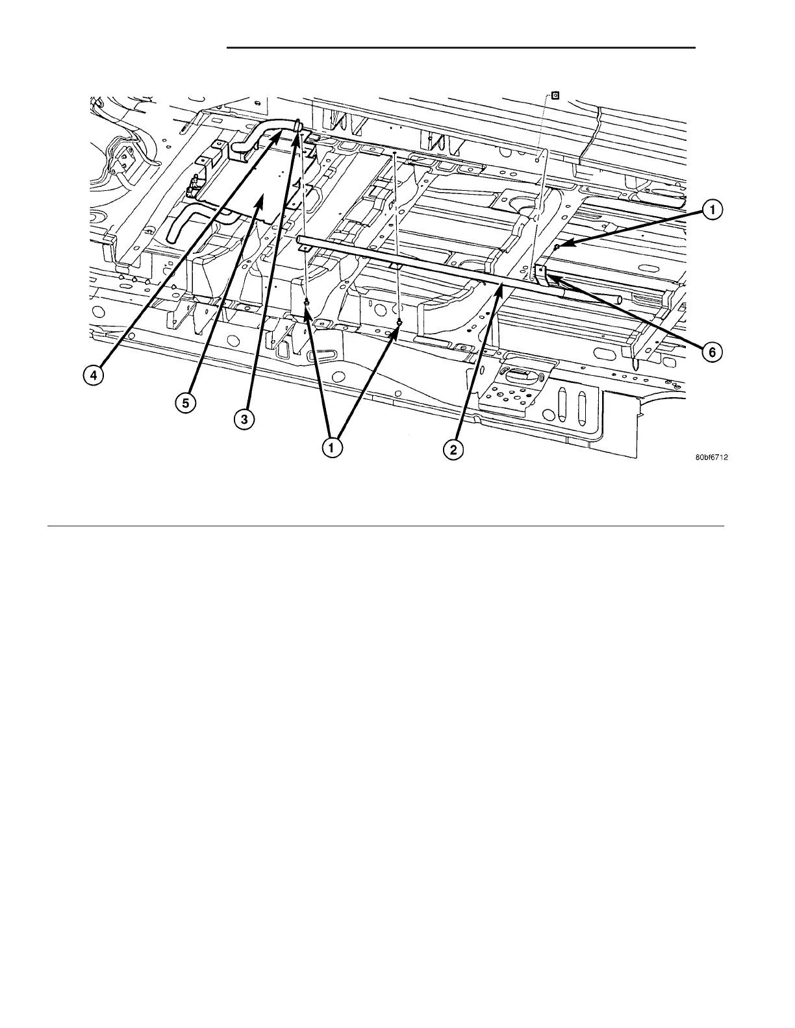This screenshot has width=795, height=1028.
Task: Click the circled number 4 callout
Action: [x=94, y=376]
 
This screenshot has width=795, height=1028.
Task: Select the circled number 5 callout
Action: [x=185, y=402]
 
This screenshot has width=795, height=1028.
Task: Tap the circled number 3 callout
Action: [x=244, y=419]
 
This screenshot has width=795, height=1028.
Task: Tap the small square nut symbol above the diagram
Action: [x=555, y=95]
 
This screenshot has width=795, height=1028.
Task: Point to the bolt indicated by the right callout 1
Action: [x=557, y=247]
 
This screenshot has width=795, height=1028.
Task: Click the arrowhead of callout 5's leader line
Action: [x=261, y=201]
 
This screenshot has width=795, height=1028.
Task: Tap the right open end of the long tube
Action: [x=620, y=299]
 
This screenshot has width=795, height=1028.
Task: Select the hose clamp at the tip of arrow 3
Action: [x=297, y=125]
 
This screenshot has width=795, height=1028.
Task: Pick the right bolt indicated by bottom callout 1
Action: [x=399, y=323]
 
